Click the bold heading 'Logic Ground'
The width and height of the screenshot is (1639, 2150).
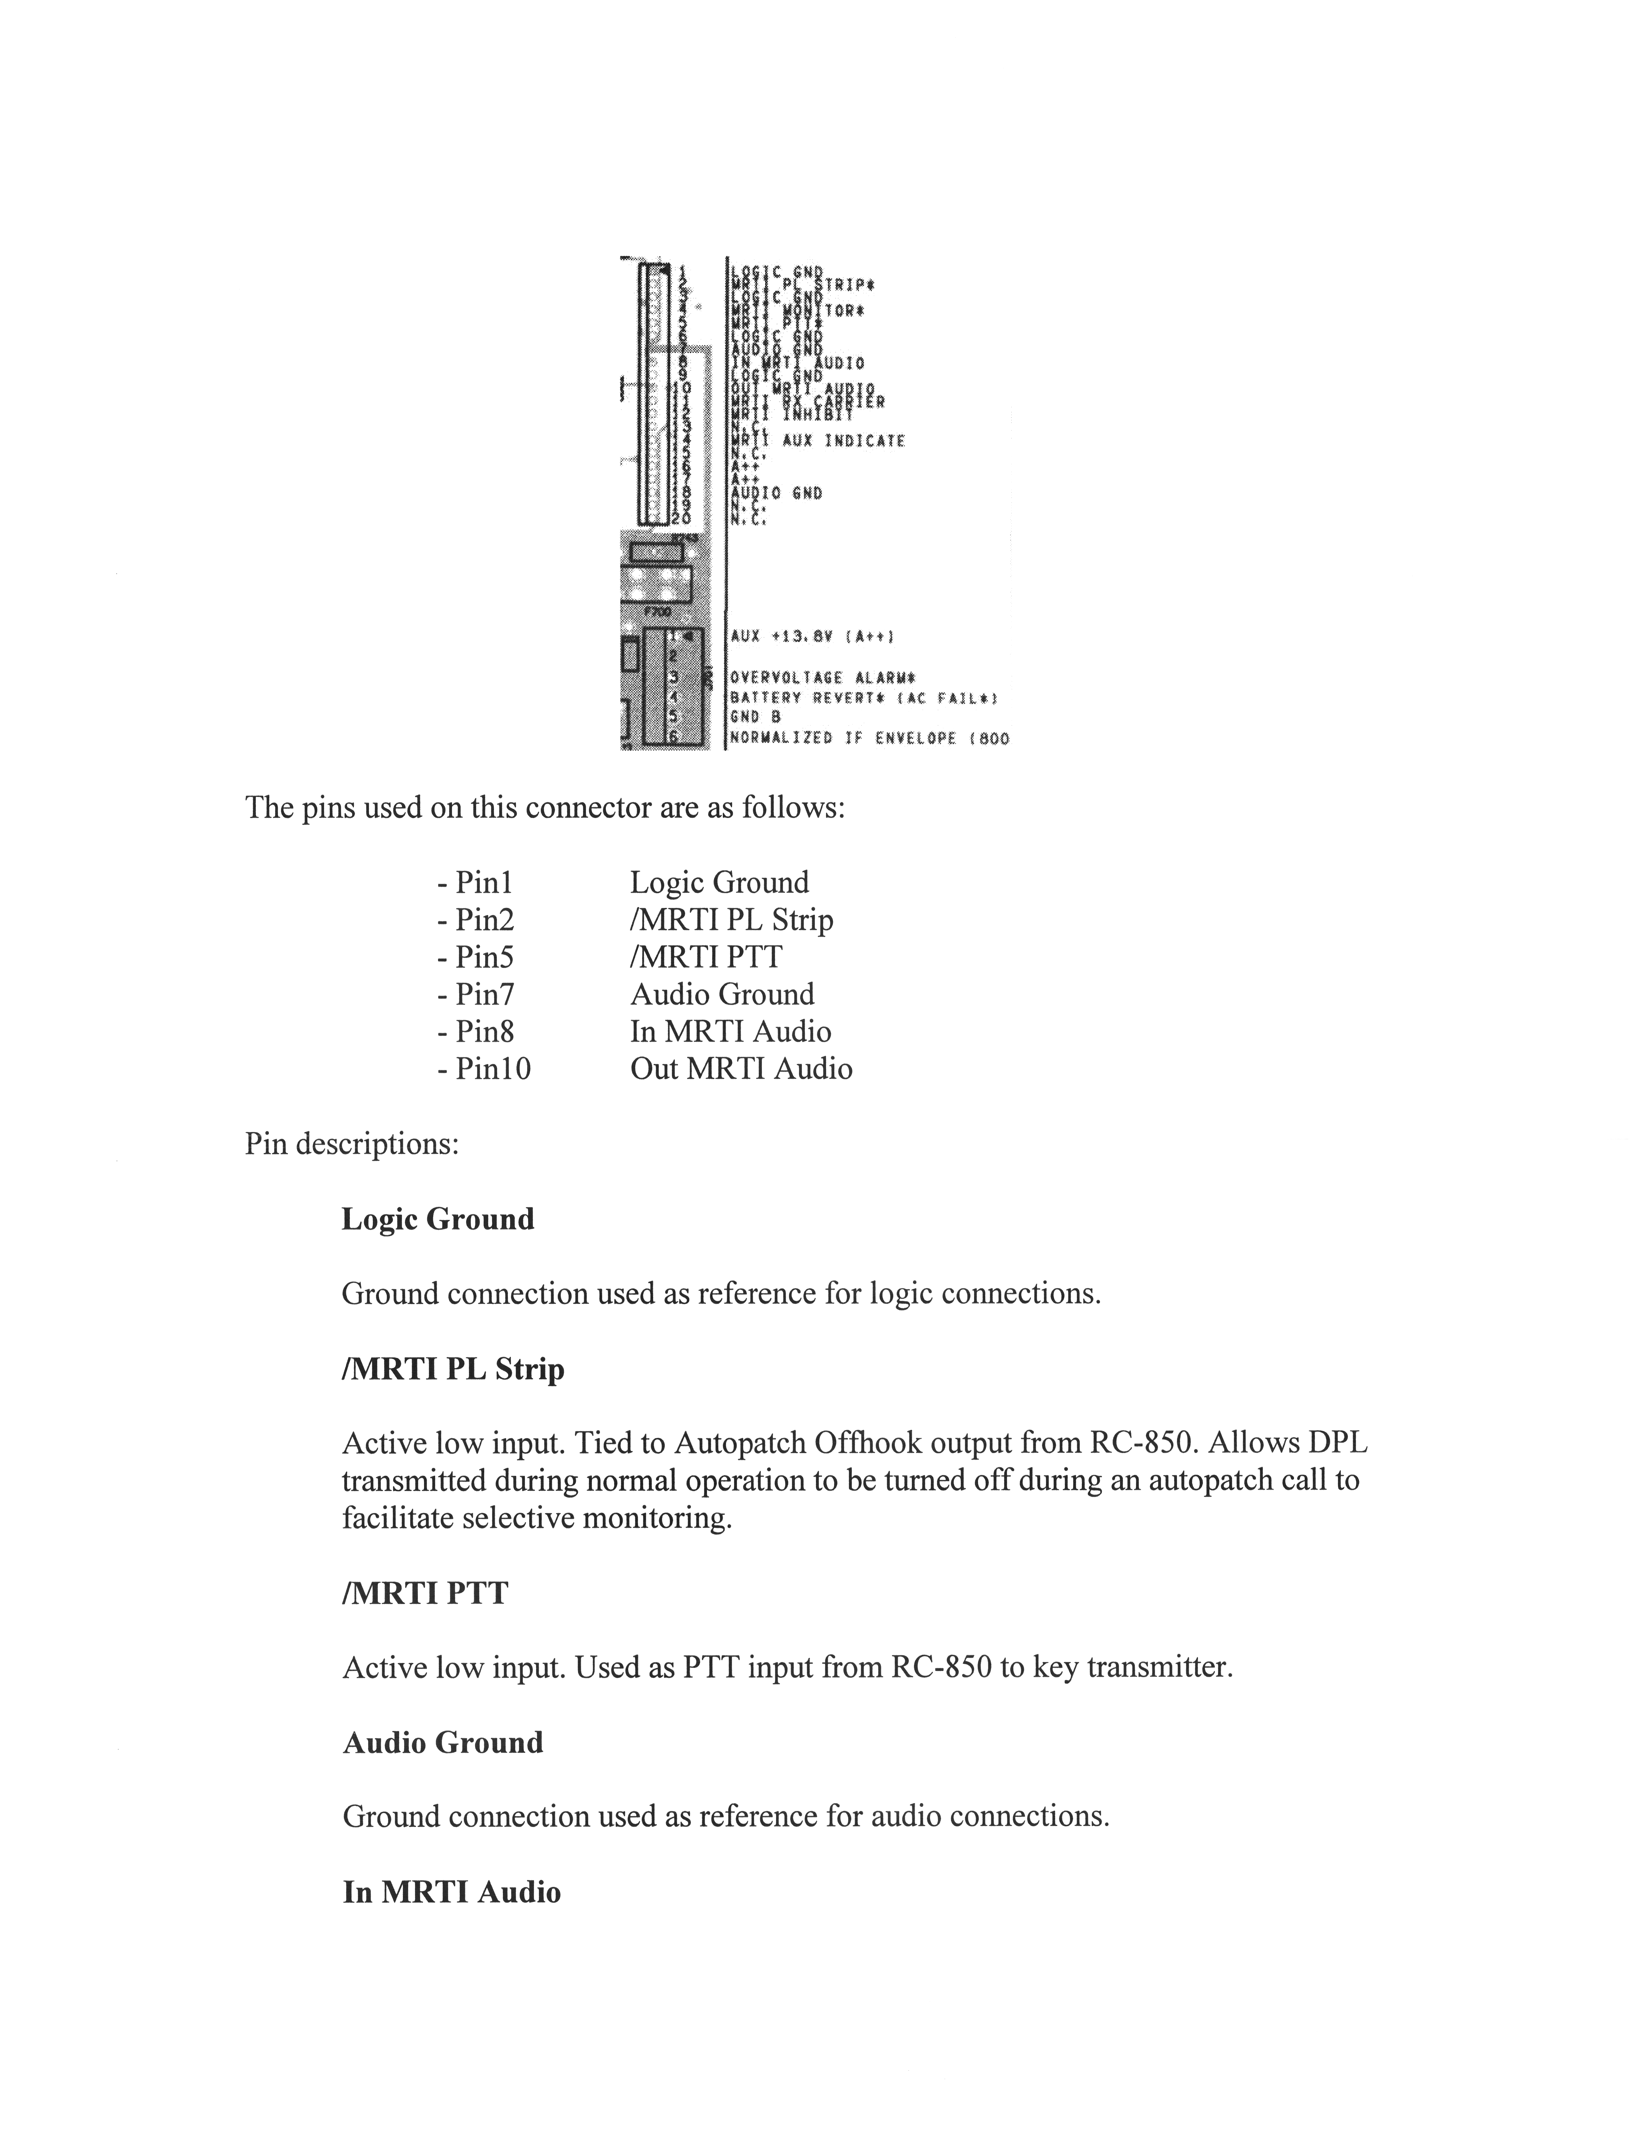pos(438,1219)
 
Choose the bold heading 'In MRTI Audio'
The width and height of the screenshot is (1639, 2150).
pos(452,1892)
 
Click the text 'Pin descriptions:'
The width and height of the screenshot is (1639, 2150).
pos(351,1143)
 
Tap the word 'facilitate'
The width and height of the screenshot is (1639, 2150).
pos(398,1519)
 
